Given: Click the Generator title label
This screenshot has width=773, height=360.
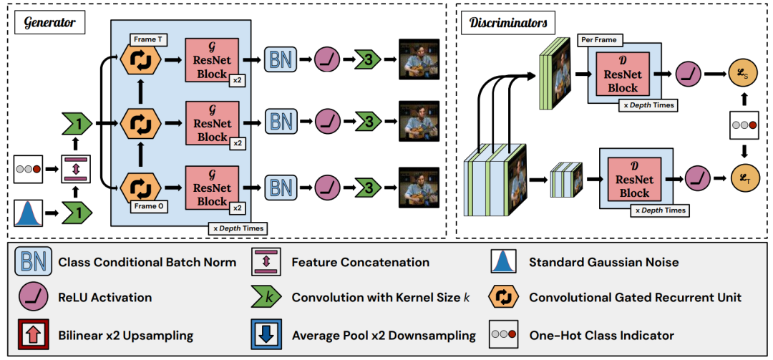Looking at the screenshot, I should click(x=49, y=23).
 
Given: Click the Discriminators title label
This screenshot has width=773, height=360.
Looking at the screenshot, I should click(x=508, y=23).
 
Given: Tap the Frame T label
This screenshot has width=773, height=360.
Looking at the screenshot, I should click(x=150, y=39).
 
